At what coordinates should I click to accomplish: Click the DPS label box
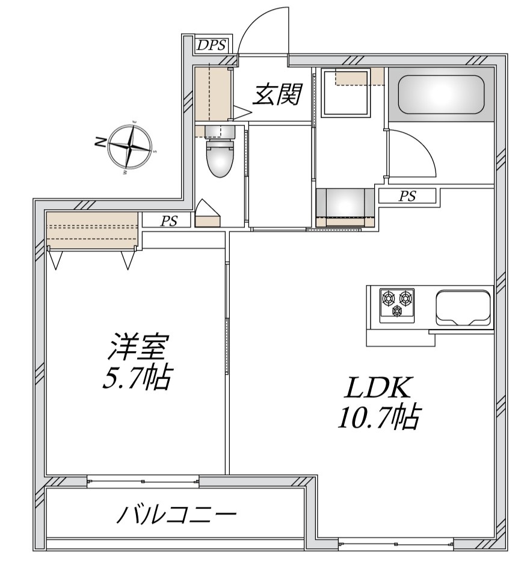click(211, 44)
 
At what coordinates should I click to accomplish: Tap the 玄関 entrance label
click(276, 95)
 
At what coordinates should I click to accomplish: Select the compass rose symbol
click(130, 146)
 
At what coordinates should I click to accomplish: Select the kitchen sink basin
click(461, 307)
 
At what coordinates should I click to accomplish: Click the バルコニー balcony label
click(176, 515)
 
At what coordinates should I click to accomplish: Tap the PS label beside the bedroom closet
click(169, 221)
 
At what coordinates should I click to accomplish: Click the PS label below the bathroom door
click(407, 196)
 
